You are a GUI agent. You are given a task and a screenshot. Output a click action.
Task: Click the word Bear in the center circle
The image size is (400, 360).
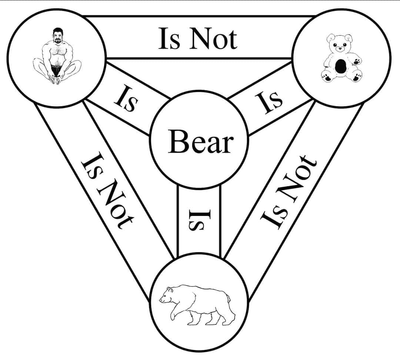[200, 143]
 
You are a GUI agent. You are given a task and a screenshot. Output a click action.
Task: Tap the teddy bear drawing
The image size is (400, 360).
[341, 58]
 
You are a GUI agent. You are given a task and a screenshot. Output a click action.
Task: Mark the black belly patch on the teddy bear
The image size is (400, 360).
[340, 66]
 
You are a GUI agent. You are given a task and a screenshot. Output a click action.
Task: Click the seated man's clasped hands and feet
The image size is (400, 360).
[56, 79]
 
